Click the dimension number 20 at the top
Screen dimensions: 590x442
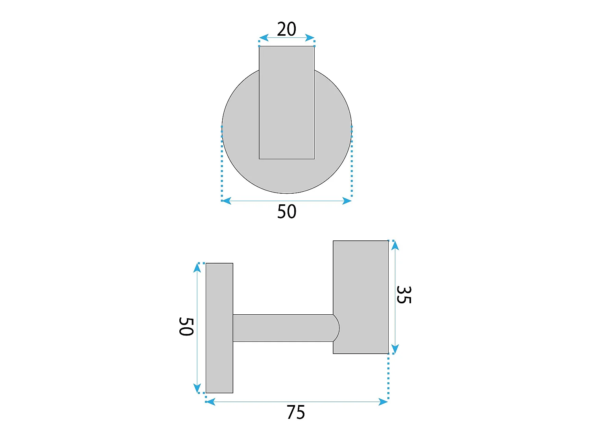click(286, 29)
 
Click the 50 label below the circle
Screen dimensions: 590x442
click(286, 211)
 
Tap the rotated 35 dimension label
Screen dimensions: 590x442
click(404, 295)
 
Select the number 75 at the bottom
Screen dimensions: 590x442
click(296, 412)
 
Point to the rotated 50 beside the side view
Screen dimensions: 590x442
click(186, 326)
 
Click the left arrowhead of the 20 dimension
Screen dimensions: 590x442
click(264, 38)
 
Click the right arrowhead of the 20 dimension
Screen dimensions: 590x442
click(310, 38)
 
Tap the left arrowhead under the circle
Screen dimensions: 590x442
click(227, 201)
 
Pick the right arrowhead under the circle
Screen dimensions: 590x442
click(347, 201)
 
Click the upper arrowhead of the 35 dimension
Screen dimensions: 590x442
click(395, 246)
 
